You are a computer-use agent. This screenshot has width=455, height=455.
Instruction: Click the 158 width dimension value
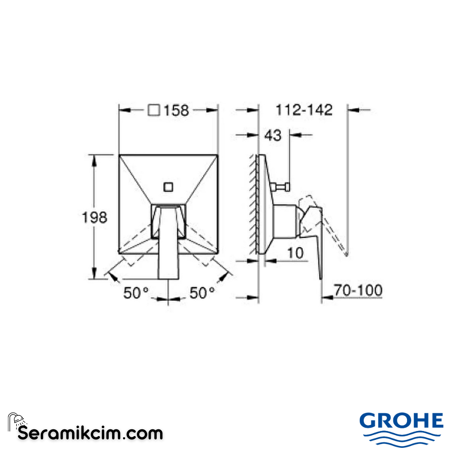(x=176, y=110)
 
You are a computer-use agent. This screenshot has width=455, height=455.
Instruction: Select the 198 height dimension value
(x=94, y=217)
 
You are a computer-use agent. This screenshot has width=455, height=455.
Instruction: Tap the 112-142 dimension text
(x=304, y=110)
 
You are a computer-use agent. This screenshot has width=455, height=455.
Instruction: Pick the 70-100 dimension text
(x=358, y=290)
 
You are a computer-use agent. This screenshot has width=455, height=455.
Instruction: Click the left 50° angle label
(x=136, y=292)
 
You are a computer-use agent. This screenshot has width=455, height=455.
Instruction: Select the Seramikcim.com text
(x=90, y=433)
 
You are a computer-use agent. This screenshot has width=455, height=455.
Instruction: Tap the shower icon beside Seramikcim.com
(x=17, y=421)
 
